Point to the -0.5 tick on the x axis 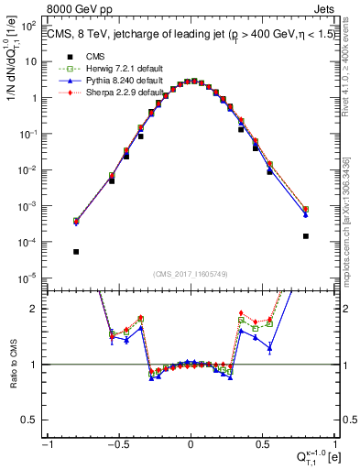(x=117, y=446)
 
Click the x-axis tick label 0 (x=191, y=446)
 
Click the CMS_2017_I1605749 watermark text (x=191, y=274)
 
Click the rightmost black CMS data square (x=305, y=235)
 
